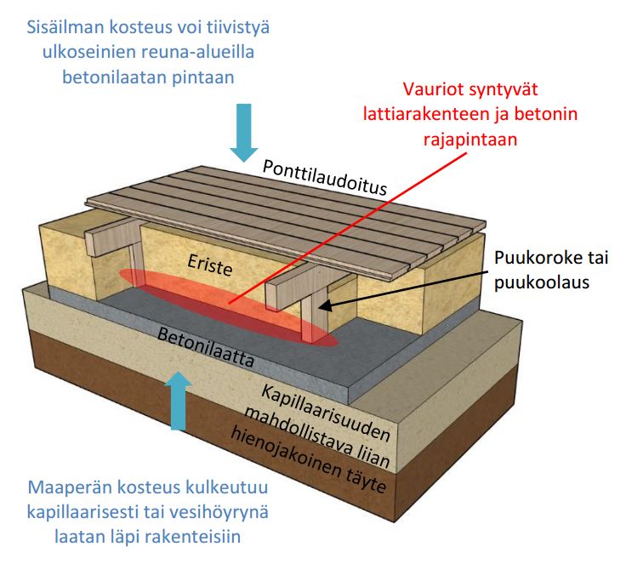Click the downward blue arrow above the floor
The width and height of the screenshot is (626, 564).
tap(245, 132)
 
